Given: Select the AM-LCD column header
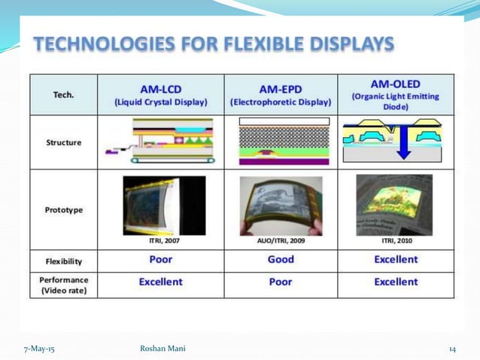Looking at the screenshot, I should click(160, 94).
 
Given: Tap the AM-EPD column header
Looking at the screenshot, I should click(281, 94).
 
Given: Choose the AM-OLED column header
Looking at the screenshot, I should click(395, 93).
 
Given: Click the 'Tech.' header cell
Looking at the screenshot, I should click(63, 95).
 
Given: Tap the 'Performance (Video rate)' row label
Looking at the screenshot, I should click(65, 284).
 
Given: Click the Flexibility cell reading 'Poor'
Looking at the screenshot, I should click(160, 260).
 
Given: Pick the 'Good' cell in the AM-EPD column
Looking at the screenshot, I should click(281, 260).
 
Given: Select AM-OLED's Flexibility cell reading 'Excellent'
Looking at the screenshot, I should click(395, 260).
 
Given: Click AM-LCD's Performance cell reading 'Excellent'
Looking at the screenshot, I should click(160, 282).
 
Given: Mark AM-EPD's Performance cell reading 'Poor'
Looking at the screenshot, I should click(281, 282).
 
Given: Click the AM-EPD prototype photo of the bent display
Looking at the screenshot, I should click(281, 205).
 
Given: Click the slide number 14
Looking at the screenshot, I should click(452, 348).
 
